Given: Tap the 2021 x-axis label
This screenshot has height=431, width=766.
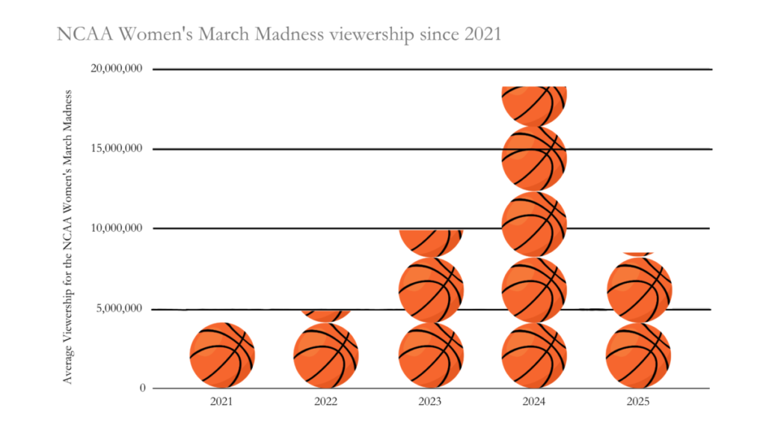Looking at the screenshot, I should click(x=221, y=403).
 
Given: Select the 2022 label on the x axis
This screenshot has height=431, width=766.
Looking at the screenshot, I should click(x=326, y=403).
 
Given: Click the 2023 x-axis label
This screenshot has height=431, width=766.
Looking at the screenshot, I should click(x=430, y=403).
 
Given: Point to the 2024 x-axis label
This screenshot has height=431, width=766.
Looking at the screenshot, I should click(x=534, y=403).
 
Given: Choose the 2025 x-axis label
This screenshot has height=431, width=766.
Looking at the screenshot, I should click(x=638, y=403).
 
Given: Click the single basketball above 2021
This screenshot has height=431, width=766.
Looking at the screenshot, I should click(x=222, y=355).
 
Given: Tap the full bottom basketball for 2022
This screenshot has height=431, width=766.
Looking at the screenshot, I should click(x=326, y=355).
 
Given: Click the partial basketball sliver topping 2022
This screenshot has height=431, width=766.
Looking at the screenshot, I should click(x=326, y=315).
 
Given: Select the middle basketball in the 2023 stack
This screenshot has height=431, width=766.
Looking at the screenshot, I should click(x=430, y=290).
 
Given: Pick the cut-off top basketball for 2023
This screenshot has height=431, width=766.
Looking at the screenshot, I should click(x=430, y=242).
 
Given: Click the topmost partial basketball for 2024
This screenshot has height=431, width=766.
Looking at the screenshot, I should click(x=534, y=104).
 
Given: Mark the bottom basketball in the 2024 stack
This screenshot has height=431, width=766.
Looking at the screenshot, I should click(x=534, y=355).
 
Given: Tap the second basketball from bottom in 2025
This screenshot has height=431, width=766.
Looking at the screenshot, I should click(x=638, y=290).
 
